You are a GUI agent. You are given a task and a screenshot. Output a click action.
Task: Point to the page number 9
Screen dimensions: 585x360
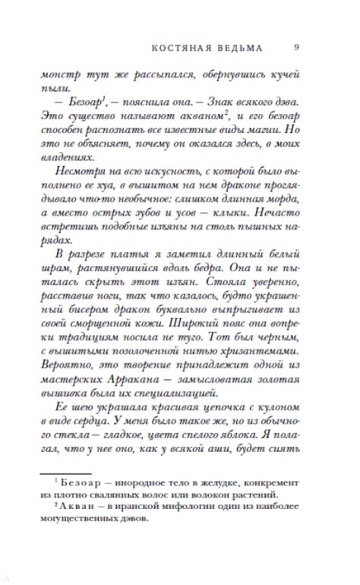coord(295,48)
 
